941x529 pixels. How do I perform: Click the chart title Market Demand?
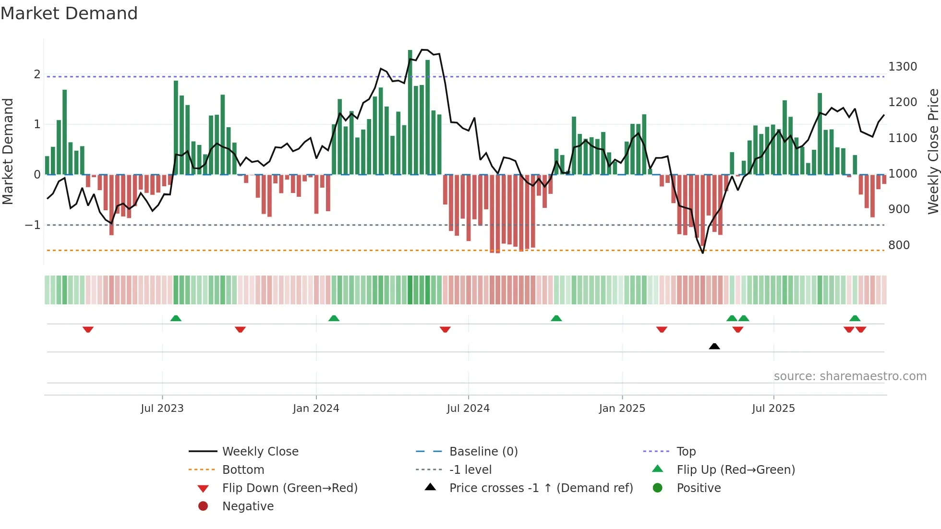coord(69,13)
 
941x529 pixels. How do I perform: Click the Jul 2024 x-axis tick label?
coord(468,409)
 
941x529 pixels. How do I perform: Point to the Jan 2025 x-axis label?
coord(622,409)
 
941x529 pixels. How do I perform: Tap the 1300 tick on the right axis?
coord(903,67)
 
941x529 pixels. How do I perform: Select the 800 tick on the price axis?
coord(899,245)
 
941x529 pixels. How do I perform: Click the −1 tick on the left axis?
coord(33,225)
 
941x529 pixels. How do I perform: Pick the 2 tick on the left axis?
coord(37,74)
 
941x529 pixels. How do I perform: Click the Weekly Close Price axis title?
coord(933,151)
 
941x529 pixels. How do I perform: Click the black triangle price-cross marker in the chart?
coord(714,346)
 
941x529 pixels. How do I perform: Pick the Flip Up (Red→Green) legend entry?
coord(736,470)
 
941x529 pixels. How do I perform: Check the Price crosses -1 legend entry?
coord(541,488)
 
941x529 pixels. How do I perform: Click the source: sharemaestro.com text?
coord(850,376)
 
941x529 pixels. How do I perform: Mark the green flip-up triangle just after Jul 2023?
coord(176,318)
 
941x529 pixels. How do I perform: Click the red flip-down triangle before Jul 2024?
coord(445,329)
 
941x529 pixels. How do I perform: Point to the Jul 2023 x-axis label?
coord(162,409)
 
